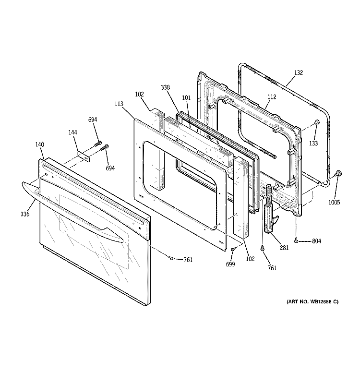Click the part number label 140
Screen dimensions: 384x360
[40, 144]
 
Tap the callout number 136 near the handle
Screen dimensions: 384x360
[25, 214]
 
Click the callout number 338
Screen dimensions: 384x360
[166, 87]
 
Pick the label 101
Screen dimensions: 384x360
[186, 98]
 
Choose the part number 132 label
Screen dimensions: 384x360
[298, 73]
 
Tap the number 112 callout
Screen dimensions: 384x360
[272, 97]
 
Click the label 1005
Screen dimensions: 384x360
[335, 202]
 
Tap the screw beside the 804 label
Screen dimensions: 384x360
[297, 240]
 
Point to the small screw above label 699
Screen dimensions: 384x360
[233, 250]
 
